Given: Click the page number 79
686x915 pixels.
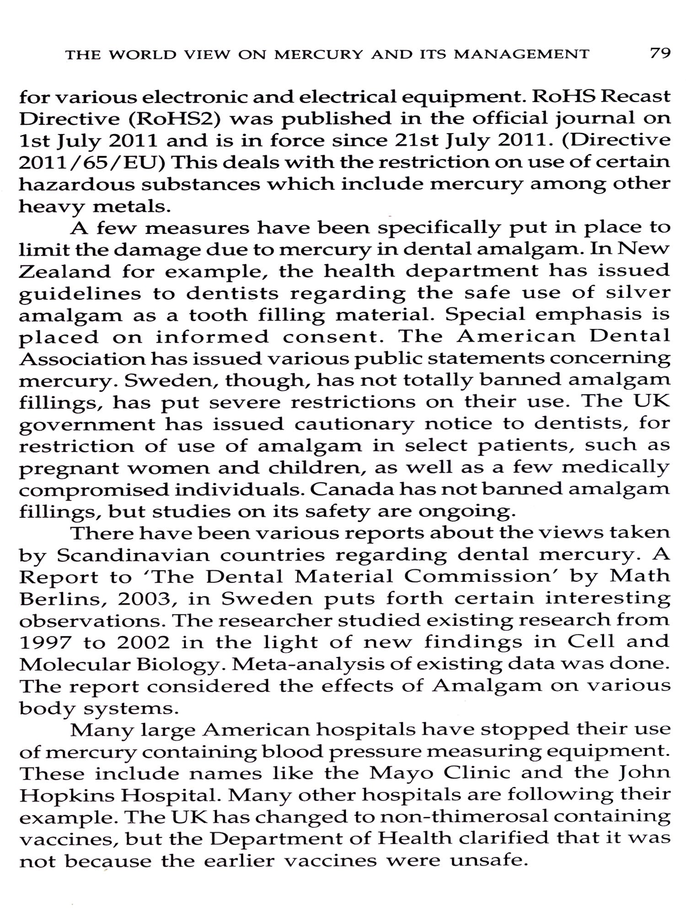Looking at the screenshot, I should coord(660,54).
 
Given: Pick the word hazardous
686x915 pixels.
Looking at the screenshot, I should coord(75,184).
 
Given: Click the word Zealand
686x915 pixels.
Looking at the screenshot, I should coord(64,272).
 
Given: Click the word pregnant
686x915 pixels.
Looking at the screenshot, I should coord(69,469).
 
